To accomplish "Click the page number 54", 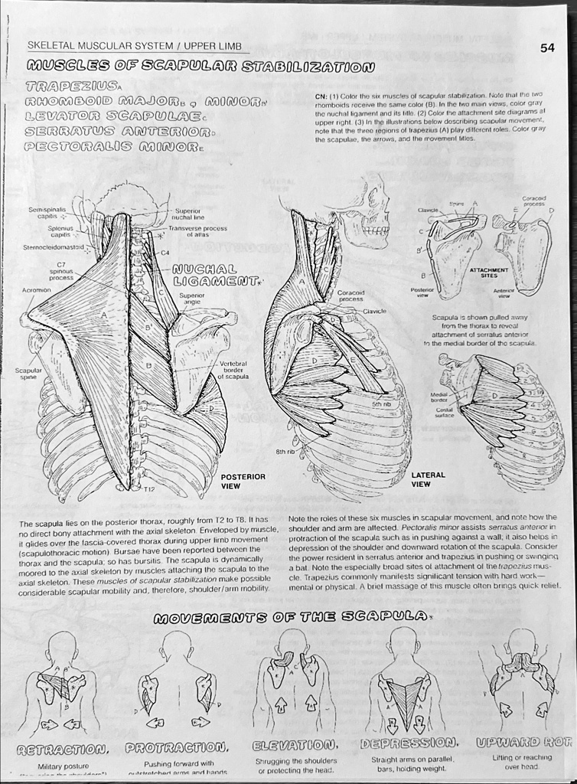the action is point(547,47).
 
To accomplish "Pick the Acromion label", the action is point(37,291).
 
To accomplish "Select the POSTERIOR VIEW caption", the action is point(243,481).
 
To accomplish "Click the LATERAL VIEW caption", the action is point(428,479).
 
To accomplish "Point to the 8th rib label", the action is point(285,452).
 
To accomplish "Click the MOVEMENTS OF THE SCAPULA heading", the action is point(289,618).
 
